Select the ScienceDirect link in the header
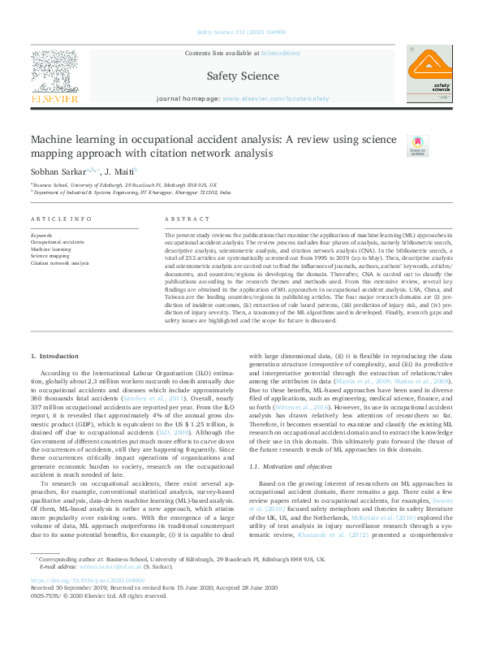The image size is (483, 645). click(x=280, y=53)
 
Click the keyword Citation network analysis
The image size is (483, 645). click(x=59, y=263)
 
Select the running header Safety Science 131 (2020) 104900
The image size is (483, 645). click(x=241, y=33)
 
